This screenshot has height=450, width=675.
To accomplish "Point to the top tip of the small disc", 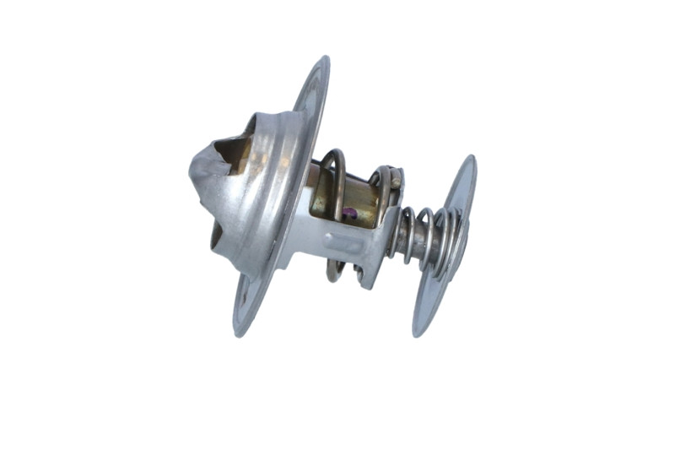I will click(x=470, y=158).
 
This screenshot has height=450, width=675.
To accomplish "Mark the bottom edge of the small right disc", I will click(x=418, y=333).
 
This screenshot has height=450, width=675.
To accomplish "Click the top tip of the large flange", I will click(x=325, y=59).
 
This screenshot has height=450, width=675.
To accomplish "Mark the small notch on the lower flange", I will click(x=245, y=300).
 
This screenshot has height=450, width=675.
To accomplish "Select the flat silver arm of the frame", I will click(x=337, y=245).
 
